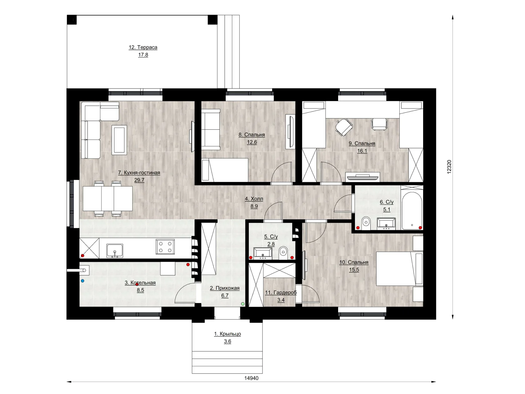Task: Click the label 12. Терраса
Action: pos(143,47)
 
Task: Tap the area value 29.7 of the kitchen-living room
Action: pos(139,180)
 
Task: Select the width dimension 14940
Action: pos(251,378)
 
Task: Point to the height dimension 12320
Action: pos(449,167)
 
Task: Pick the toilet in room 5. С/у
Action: pos(283,253)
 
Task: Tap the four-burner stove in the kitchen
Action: pos(165,247)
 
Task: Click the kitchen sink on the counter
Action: pos(115,250)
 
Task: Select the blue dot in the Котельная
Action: pos(82,281)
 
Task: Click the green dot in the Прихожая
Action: pos(243,304)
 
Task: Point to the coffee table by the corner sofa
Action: pos(119,140)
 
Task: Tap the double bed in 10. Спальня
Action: pos(399,268)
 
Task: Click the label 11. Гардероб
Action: pos(281,292)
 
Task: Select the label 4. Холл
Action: pos(254,199)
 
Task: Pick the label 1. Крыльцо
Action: pos(227,334)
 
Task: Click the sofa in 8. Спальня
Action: pos(211,129)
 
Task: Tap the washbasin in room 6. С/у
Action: pos(386,224)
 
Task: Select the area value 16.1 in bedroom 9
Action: pos(362,151)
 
